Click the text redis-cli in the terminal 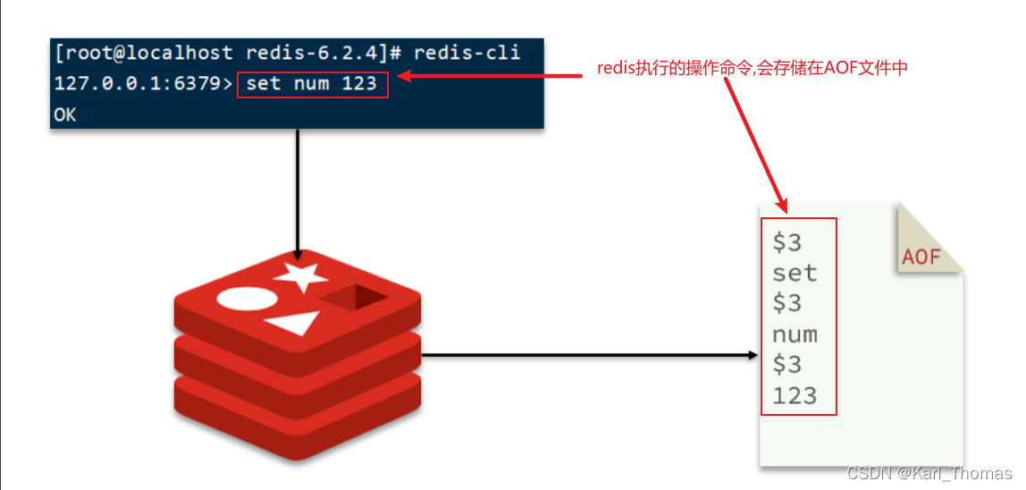467,54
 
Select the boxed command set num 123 313,85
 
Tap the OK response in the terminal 66,115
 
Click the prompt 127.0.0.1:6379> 143,85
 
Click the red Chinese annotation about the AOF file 753,68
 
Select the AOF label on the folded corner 921,257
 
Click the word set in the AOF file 795,273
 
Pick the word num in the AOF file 795,334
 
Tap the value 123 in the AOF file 795,395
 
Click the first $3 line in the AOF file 786,242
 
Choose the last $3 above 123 786,365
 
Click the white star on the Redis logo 301,275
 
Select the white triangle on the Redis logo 294,324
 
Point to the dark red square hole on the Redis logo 355,297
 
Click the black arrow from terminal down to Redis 298,192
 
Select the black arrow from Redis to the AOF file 590,355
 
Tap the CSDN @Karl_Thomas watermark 929,473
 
